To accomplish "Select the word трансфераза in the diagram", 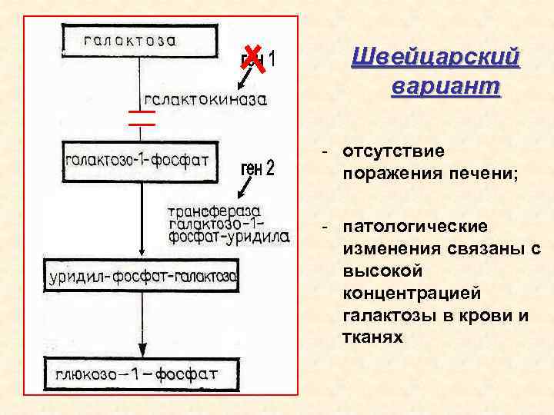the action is coord(214,210).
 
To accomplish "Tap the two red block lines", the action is coord(142,117).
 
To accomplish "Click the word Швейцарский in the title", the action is coord(436,58).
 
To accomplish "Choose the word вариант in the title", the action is coord(446,85).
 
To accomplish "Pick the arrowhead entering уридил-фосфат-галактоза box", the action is coord(141,254).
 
